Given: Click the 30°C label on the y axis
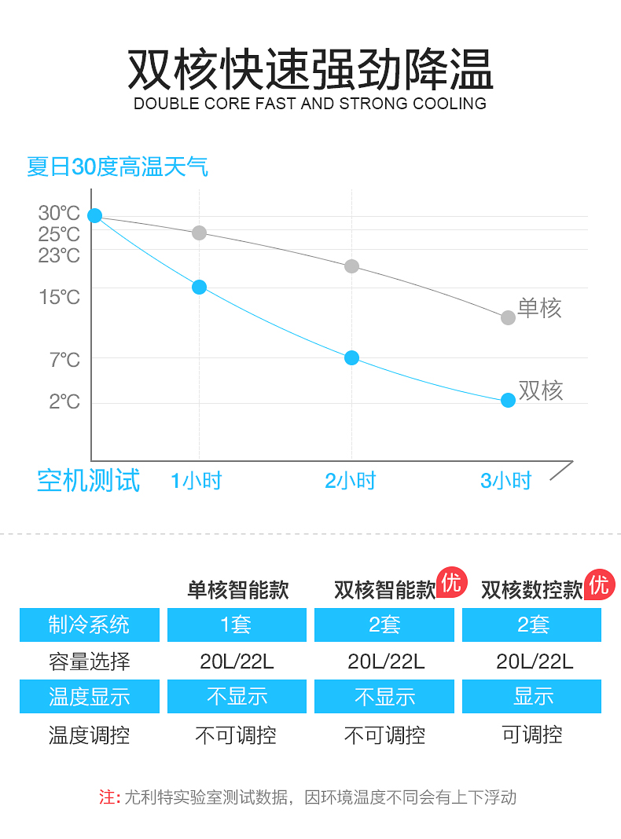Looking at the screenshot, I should pyautogui.click(x=59, y=213).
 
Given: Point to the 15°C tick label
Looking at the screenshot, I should pyautogui.click(x=59, y=297).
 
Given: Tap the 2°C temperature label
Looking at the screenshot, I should pyautogui.click(x=64, y=401).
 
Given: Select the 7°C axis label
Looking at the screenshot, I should pyautogui.click(x=64, y=360).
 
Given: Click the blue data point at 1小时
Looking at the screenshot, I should pyautogui.click(x=199, y=287).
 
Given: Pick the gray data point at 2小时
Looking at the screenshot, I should pyautogui.click(x=351, y=266).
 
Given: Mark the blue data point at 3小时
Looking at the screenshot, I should pyautogui.click(x=508, y=400).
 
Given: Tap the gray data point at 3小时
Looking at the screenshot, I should pyautogui.click(x=508, y=317).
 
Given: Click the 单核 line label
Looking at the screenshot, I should pyautogui.click(x=539, y=308).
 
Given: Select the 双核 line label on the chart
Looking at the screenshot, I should pyautogui.click(x=541, y=390).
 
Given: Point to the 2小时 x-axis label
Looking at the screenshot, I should pyautogui.click(x=351, y=481).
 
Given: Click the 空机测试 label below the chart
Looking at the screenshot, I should pyautogui.click(x=88, y=480).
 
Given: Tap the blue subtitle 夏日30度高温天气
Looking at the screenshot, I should pyautogui.click(x=117, y=167).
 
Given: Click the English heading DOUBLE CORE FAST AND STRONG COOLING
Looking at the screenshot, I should pyautogui.click(x=310, y=104).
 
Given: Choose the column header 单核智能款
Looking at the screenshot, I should pyautogui.click(x=237, y=590).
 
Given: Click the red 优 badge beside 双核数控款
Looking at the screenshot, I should pyautogui.click(x=599, y=584).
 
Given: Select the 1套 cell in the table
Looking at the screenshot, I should pyautogui.click(x=236, y=625).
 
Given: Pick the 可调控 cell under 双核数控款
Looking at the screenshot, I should pyautogui.click(x=532, y=735).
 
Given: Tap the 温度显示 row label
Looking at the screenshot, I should pyautogui.click(x=89, y=697).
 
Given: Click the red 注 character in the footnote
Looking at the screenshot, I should pyautogui.click(x=108, y=797).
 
